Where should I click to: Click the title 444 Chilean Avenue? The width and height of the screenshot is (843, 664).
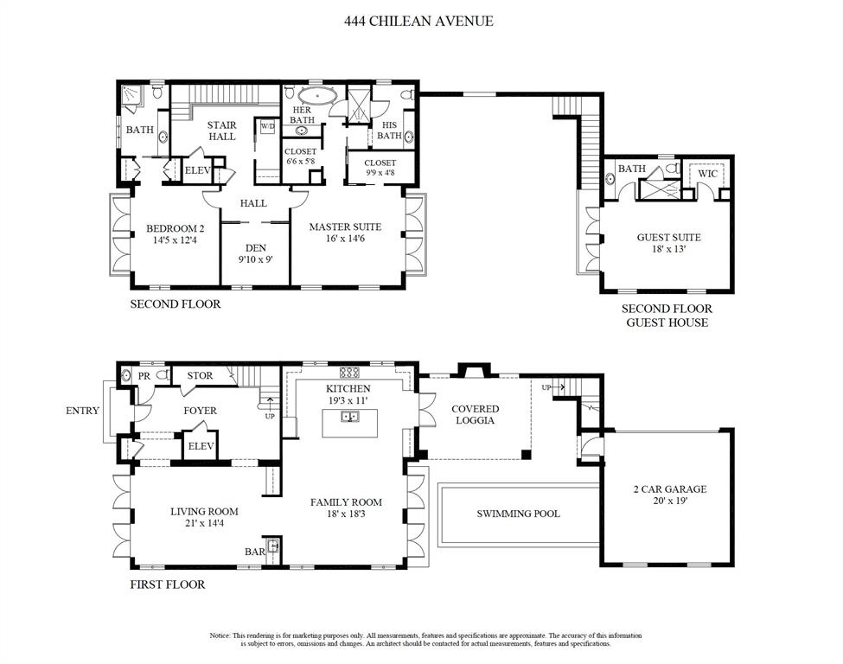pos(421,21)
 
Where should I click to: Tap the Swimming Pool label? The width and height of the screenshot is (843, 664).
pos(518,514)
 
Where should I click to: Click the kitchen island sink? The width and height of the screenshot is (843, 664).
pos(350,418)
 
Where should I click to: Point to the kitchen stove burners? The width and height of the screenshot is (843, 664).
pos(350,373)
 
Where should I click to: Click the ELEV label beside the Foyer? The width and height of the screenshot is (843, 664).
pos(201,446)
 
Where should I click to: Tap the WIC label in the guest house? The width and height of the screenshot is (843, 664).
pos(708,174)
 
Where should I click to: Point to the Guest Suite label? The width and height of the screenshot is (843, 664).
pos(668,237)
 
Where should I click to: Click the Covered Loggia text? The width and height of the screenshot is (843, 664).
pos(474,414)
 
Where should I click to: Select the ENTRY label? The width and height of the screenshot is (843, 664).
pos(82,411)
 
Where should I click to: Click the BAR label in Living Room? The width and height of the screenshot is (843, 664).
pos(254,551)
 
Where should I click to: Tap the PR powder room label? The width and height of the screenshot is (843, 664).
pos(144,376)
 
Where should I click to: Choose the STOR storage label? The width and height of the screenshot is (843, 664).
pos(200,376)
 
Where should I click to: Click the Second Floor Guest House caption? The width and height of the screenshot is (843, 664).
pos(667,316)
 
